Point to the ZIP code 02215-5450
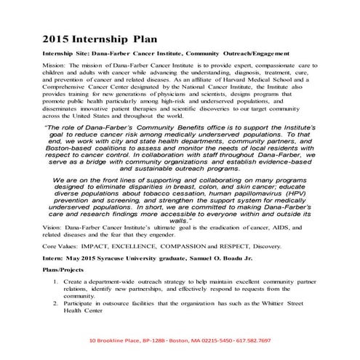coord(205,340)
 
